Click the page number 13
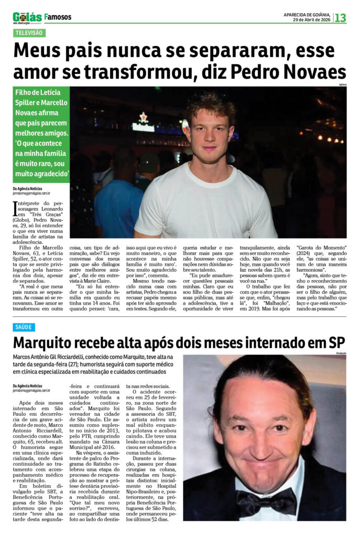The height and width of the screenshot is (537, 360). pos(341,17)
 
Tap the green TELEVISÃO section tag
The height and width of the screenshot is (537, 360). pos(29,33)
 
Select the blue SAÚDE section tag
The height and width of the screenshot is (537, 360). pos(24,327)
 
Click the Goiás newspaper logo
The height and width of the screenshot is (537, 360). pos(27,17)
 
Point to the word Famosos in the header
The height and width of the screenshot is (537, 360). pos(58,17)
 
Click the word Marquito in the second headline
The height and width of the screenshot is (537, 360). pos(48,343)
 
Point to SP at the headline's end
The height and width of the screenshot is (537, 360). pos(336,343)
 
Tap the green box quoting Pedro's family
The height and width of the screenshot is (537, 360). pos(41,135)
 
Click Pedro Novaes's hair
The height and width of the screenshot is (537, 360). pos(209,102)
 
